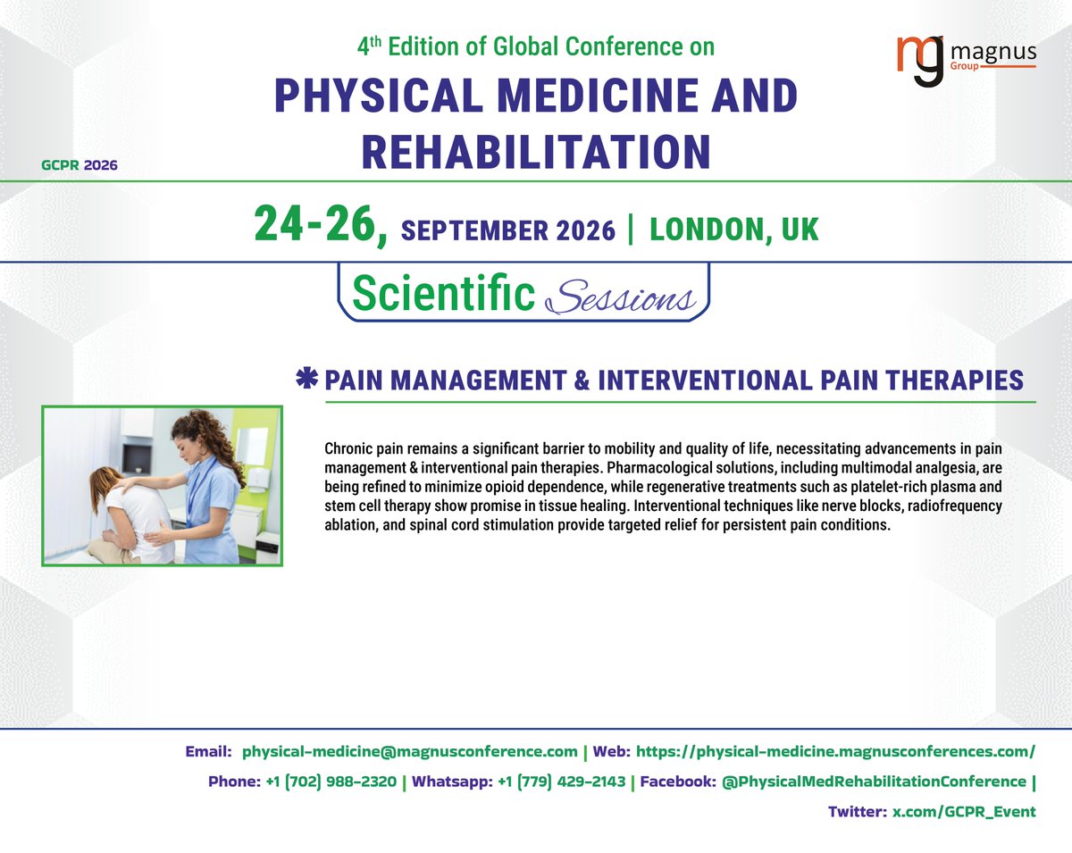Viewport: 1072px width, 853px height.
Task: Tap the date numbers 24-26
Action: (320, 223)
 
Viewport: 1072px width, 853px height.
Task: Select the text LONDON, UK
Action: (733, 229)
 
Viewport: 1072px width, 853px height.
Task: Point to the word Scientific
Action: (443, 292)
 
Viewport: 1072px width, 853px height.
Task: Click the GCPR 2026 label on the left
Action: (79, 164)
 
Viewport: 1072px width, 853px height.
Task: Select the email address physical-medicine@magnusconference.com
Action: (410, 751)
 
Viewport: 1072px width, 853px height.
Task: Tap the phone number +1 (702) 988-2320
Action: (331, 782)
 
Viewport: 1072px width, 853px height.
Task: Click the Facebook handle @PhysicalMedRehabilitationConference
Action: (874, 782)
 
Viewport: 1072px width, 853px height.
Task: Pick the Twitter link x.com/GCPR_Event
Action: (965, 812)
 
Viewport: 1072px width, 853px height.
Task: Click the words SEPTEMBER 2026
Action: (508, 230)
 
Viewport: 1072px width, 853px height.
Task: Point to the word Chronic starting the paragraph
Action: (351, 447)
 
